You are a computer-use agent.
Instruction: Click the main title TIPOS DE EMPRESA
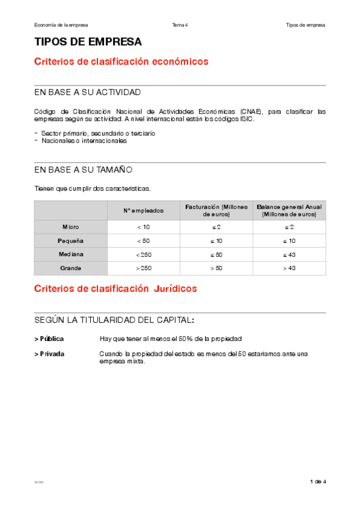click(88, 42)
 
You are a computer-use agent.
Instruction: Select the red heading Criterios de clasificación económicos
click(121, 61)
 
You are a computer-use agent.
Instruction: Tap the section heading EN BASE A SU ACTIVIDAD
click(88, 93)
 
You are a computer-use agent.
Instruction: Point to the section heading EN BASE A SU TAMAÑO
click(84, 170)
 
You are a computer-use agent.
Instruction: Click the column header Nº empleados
click(143, 210)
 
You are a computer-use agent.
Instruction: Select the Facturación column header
click(216, 210)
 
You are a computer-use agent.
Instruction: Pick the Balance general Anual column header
click(289, 210)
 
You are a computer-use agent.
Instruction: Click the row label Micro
click(70, 227)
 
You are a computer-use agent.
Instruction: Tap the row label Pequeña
click(70, 241)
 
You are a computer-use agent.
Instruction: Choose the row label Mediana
click(70, 254)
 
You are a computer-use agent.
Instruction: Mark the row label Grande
click(70, 268)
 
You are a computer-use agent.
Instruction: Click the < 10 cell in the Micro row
click(143, 227)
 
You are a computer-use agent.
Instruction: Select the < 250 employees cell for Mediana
click(143, 254)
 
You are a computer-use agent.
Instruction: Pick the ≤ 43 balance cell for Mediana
click(289, 254)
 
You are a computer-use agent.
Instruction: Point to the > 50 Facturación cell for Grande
click(216, 268)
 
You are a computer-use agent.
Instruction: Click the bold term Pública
click(51, 339)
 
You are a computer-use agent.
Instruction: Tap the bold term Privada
click(51, 354)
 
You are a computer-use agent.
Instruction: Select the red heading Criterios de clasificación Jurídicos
click(115, 289)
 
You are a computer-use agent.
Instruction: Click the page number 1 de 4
click(318, 482)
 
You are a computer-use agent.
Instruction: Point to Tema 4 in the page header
click(180, 25)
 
